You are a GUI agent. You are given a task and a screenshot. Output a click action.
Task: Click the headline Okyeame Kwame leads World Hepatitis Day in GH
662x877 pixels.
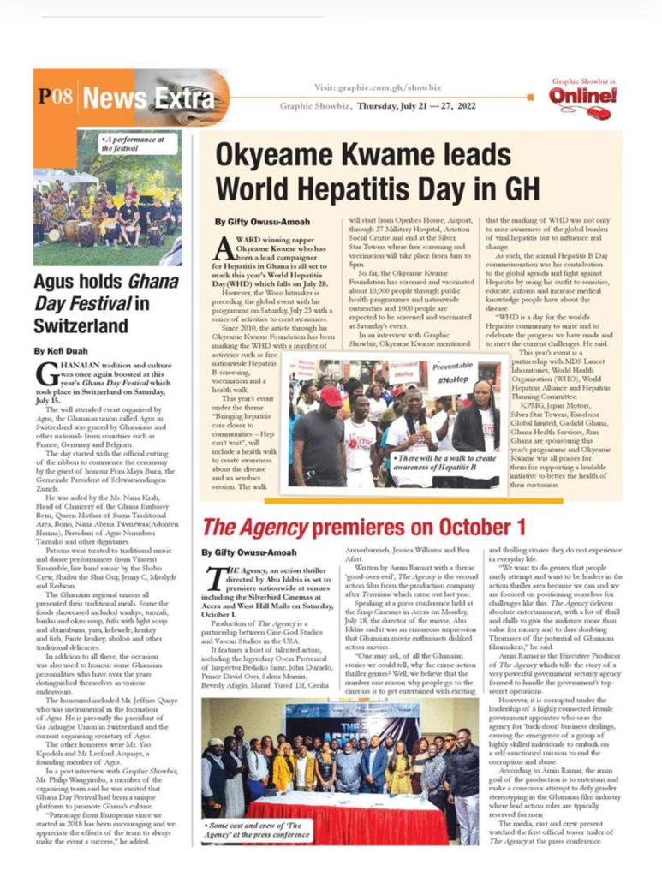coord(362,172)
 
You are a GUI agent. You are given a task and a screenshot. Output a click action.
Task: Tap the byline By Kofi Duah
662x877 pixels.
coord(59,350)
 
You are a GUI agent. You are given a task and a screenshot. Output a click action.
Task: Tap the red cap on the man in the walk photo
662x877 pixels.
coord(331,396)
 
